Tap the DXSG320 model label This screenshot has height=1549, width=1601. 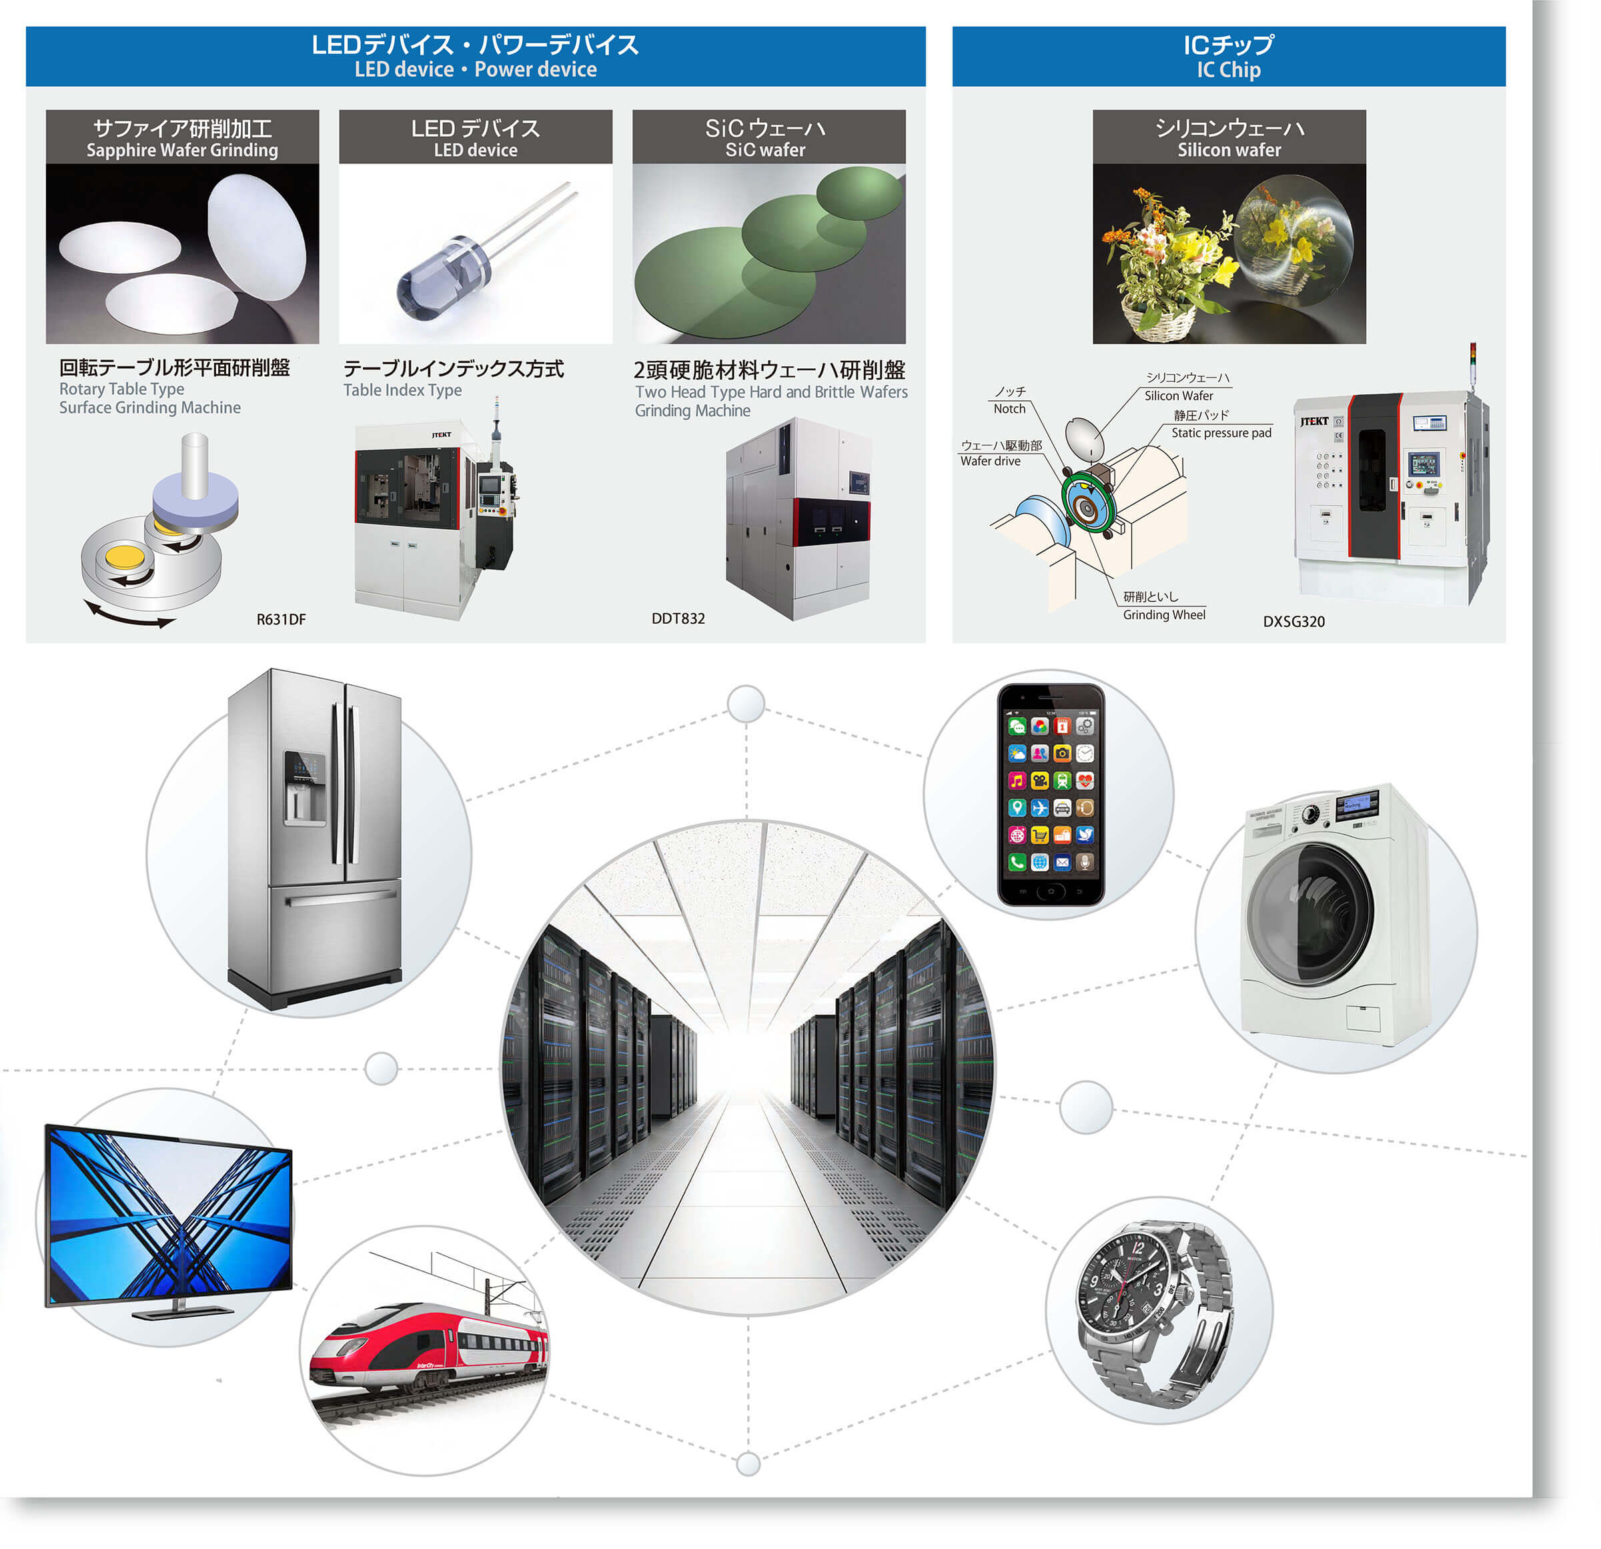click(x=1294, y=621)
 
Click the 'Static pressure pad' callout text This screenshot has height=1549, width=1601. click(x=1221, y=433)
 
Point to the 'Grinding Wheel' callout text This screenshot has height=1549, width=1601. click(x=1164, y=614)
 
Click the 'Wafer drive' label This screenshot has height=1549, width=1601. click(x=990, y=461)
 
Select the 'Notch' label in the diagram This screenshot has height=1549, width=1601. click(x=1009, y=408)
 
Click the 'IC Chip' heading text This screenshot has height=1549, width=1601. click(x=1229, y=70)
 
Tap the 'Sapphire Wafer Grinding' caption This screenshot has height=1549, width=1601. click(x=182, y=150)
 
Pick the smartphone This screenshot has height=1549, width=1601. click(x=1051, y=794)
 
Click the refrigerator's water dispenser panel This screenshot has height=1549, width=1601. click(x=304, y=788)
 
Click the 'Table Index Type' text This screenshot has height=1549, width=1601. click(x=402, y=390)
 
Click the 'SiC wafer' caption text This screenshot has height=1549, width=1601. click(x=765, y=150)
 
